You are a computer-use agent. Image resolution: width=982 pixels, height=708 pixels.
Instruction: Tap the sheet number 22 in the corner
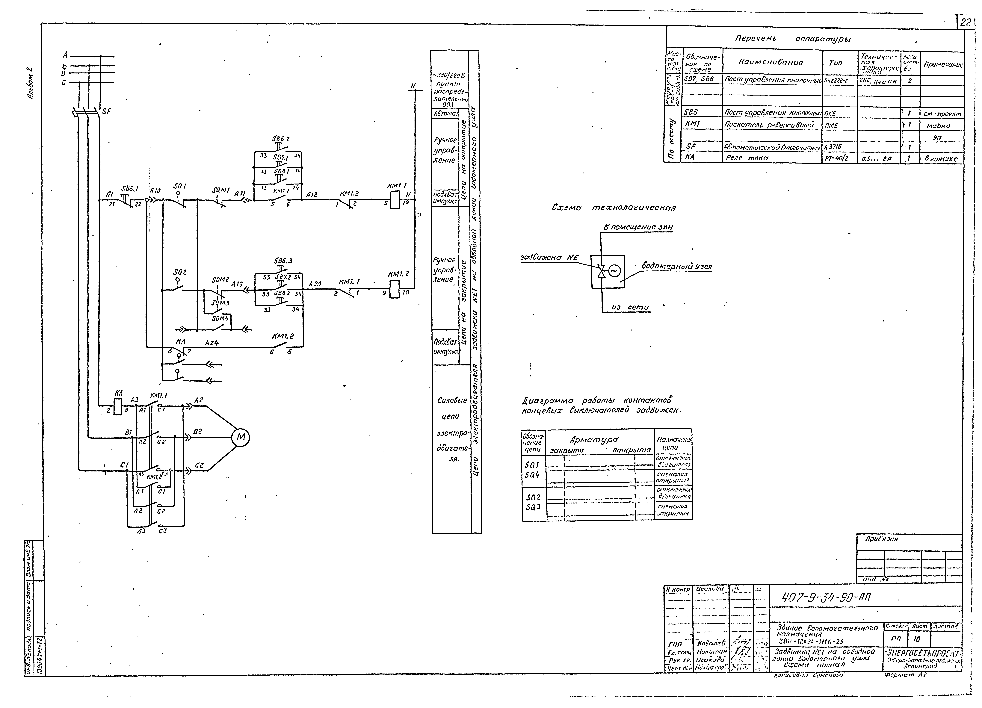click(x=966, y=22)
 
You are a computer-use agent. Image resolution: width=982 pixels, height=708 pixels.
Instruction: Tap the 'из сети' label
click(x=630, y=307)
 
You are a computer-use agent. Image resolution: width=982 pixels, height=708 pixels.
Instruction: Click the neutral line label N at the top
click(x=413, y=86)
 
